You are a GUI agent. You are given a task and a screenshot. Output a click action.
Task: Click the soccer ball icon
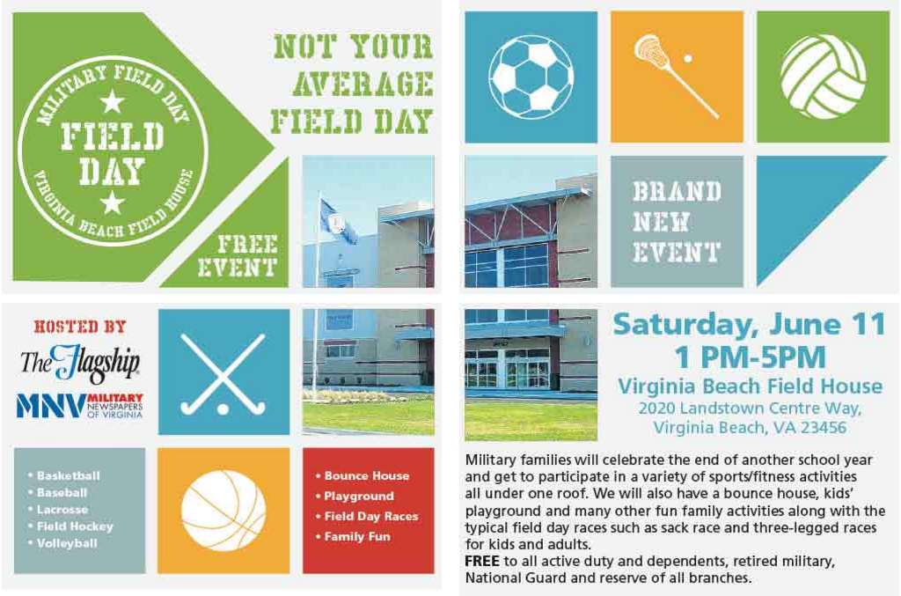coord(531,77)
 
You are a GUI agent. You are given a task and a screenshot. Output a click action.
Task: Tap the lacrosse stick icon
coord(676,76)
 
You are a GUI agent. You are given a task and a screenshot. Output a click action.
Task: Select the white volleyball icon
coord(823,77)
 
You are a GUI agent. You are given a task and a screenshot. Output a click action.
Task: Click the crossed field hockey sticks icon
coord(223,373)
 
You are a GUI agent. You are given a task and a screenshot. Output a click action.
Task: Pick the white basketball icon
coord(223,511)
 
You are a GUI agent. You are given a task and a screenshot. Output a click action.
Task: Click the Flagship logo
coord(80,364)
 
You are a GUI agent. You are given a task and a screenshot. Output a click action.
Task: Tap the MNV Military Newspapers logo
coord(80,406)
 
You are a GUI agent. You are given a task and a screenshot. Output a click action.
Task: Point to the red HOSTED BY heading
coord(80,327)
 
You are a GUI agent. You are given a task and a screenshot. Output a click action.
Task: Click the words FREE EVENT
coord(238,256)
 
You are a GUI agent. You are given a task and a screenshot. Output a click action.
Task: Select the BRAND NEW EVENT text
coord(677,222)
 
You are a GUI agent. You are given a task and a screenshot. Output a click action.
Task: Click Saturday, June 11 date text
coord(750,325)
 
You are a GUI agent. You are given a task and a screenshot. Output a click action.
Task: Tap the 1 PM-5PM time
coord(750,357)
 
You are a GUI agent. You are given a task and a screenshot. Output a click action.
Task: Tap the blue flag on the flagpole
coord(338,221)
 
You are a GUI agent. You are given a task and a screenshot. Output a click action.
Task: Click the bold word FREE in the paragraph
coord(481,561)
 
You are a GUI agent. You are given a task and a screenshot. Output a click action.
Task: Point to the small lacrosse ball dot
coord(688,58)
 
